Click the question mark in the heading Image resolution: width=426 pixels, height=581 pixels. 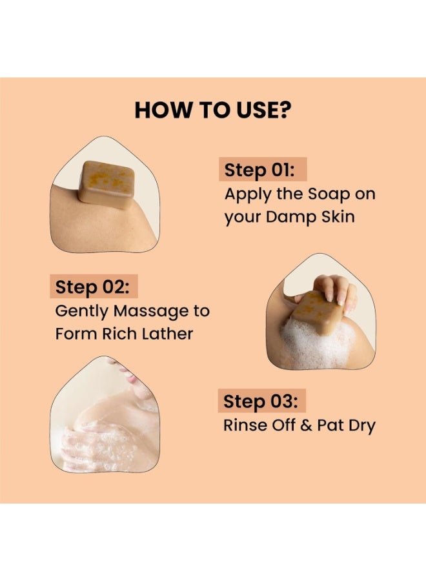pyautogui.click(x=284, y=110)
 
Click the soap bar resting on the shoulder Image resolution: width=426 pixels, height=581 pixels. pyautogui.click(x=107, y=184)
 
